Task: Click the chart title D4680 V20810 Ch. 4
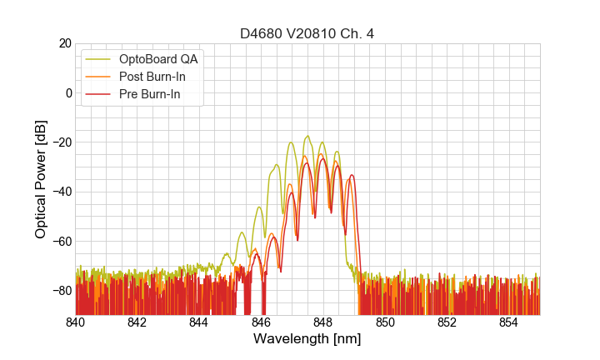(x=307, y=33)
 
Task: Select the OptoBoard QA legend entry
(x=158, y=59)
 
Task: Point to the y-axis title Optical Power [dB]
(x=41, y=179)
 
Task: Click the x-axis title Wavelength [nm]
(x=307, y=339)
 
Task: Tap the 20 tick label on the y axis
(x=63, y=43)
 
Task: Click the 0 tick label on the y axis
(x=67, y=92)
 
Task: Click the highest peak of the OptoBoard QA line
(x=307, y=136)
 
